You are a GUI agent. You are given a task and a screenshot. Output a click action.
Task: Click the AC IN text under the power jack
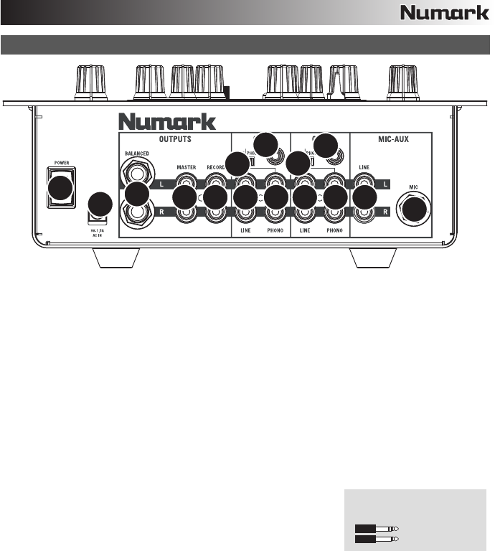[99, 232]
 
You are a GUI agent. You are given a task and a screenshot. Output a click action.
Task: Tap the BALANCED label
[136, 154]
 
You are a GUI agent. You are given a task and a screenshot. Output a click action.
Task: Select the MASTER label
[186, 167]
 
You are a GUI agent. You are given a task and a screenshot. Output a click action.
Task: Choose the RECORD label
[217, 167]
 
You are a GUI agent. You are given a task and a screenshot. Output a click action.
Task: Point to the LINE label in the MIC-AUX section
[366, 167]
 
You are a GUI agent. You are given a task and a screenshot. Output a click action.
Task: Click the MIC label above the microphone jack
[414, 187]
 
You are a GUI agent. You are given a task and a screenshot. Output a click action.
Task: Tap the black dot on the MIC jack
[415, 209]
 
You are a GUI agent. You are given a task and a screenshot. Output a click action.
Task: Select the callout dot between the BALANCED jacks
[136, 193]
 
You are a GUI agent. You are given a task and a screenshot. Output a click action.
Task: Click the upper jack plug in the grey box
[374, 529]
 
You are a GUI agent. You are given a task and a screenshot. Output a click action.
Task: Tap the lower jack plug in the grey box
[374, 537]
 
